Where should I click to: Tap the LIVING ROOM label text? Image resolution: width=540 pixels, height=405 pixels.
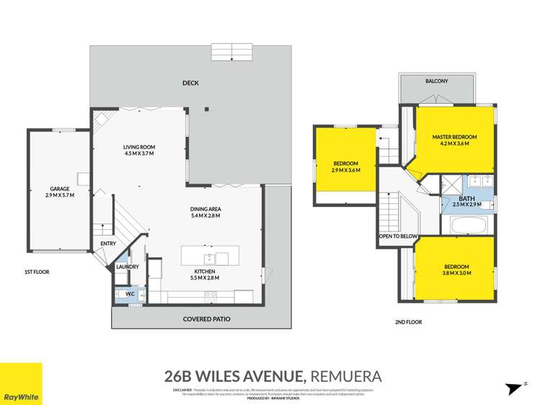[140, 147]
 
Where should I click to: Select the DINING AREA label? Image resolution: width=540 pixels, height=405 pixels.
[205, 209]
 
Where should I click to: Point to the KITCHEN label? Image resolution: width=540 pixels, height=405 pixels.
[204, 271]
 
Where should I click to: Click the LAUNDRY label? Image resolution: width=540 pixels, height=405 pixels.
[127, 267]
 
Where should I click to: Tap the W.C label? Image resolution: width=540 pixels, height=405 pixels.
[130, 294]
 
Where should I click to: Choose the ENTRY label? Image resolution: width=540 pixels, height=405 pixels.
[108, 244]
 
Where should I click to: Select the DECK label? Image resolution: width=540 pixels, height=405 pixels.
[190, 83]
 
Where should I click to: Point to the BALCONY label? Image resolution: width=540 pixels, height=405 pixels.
[436, 81]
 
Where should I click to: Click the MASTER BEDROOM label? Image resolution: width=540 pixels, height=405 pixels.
[455, 136]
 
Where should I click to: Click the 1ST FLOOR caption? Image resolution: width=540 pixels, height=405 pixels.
[37, 273]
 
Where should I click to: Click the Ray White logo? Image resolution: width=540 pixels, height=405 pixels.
[21, 383]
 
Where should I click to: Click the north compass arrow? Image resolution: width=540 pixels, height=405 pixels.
[515, 388]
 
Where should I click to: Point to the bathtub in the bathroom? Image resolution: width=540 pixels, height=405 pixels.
[470, 226]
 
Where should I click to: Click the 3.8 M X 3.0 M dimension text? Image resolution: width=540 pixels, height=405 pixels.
[456, 273]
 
